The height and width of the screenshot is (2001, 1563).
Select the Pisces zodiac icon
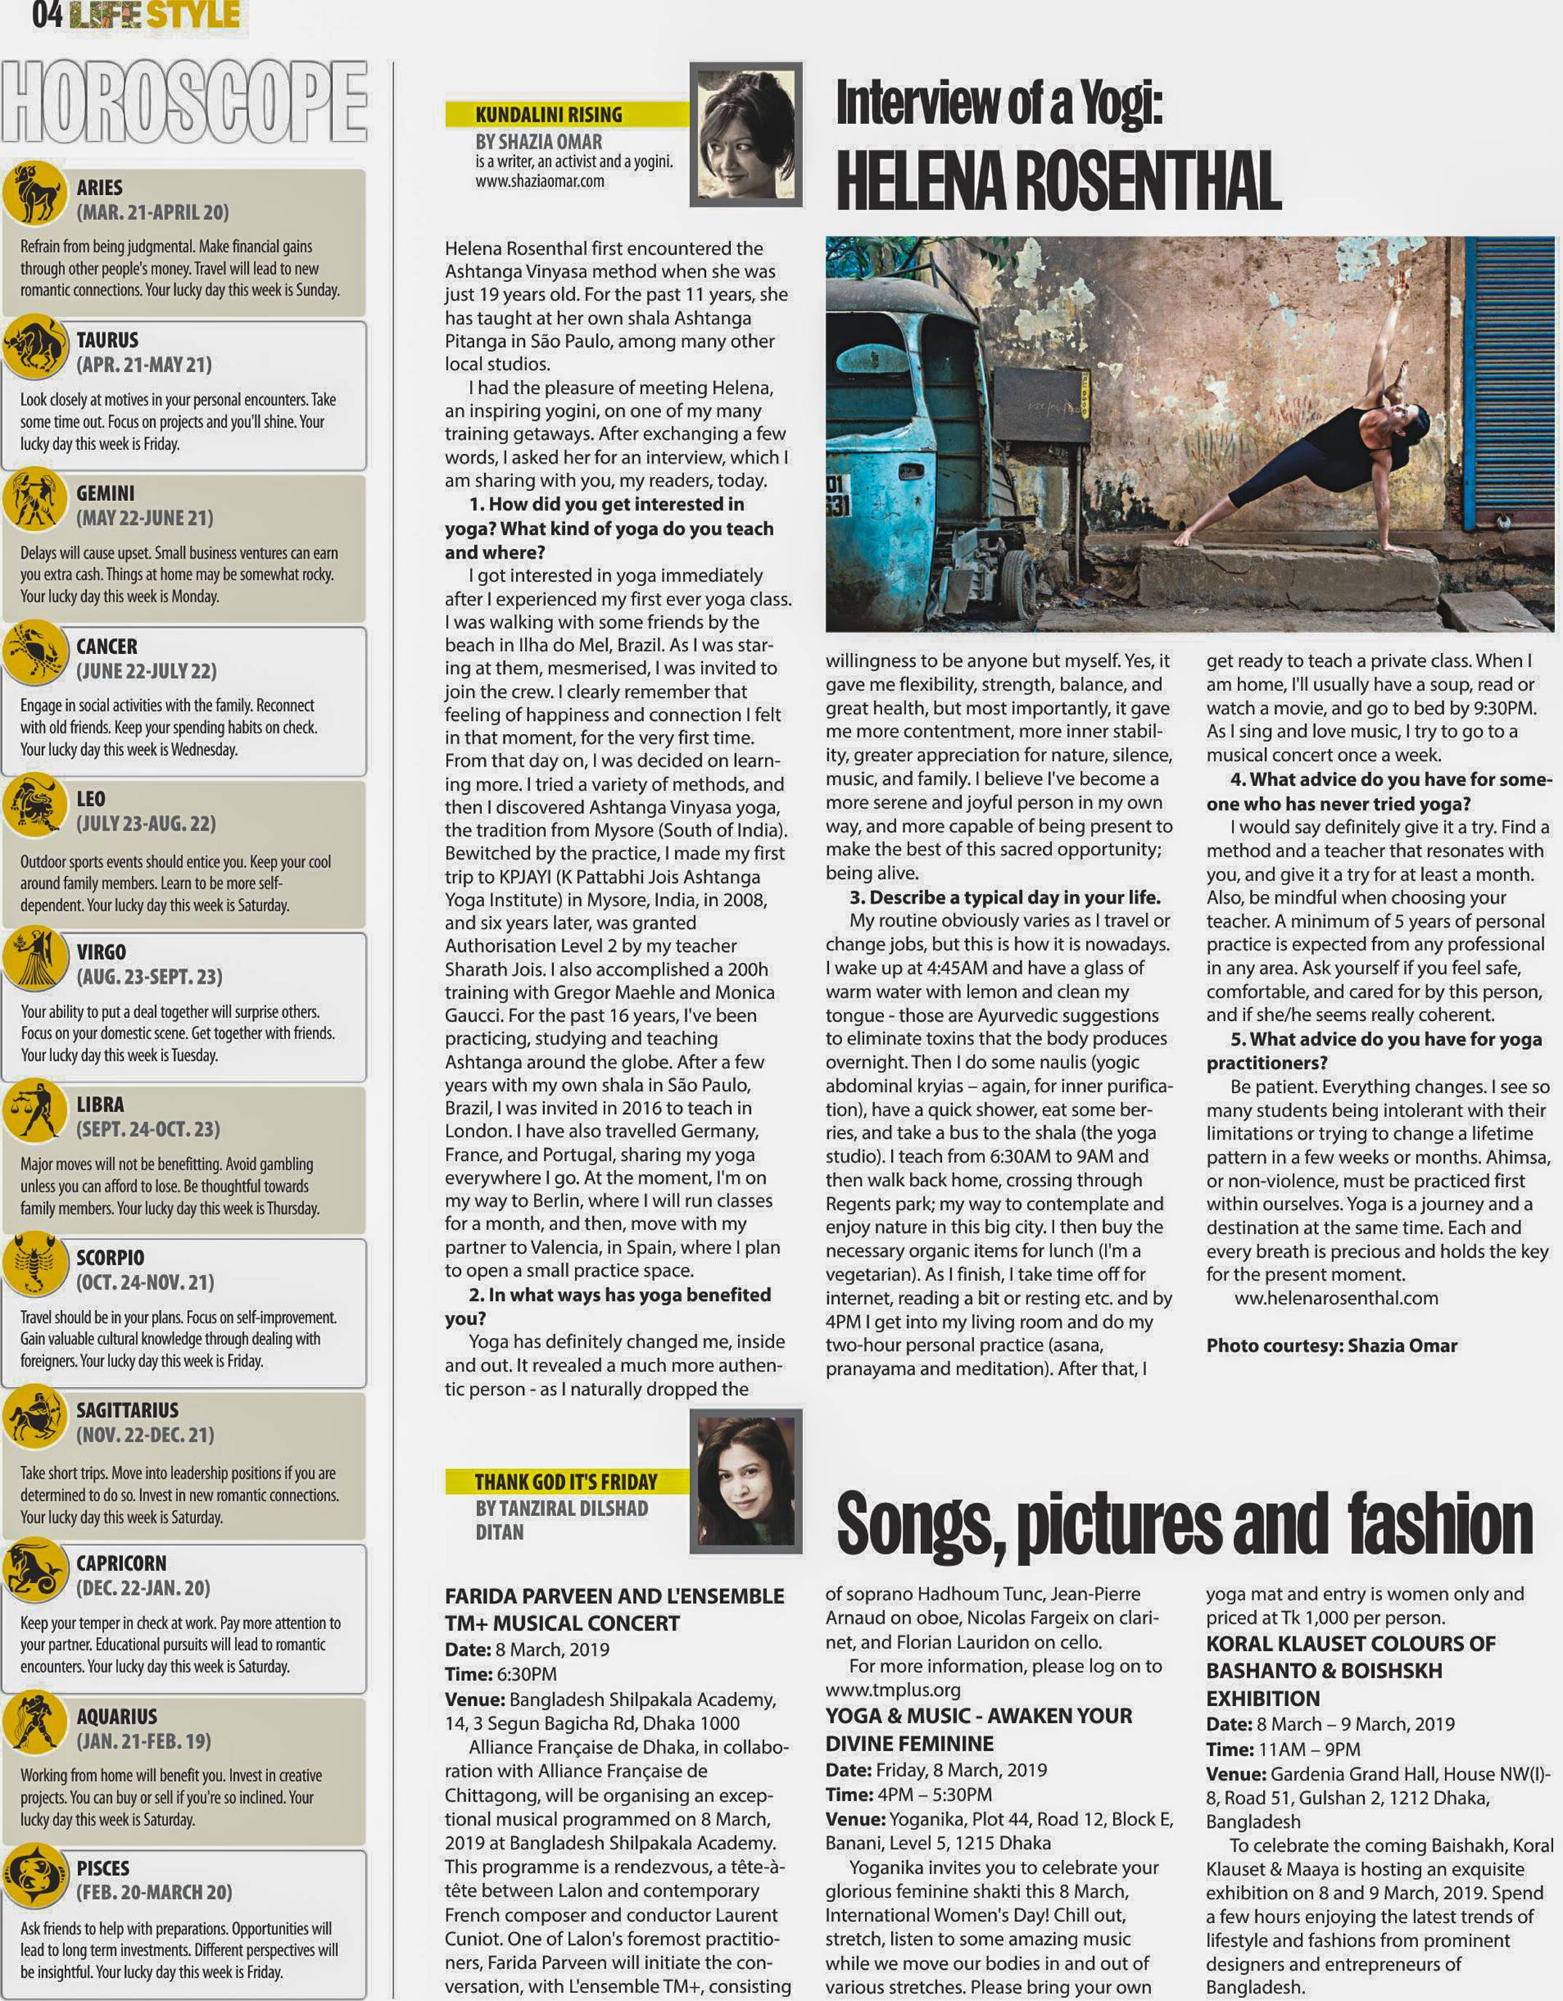click(x=34, y=1876)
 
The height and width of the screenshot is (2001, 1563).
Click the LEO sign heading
click(x=91, y=798)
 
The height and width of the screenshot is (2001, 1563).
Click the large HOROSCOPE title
click(x=184, y=100)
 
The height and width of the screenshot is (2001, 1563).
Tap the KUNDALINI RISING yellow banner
click(x=548, y=114)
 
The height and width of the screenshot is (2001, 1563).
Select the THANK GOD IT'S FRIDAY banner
click(x=565, y=1482)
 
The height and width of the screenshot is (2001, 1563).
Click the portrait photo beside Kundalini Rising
click(x=745, y=134)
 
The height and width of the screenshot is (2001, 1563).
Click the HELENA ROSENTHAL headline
click(x=1059, y=181)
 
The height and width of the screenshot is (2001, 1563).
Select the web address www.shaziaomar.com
click(x=539, y=181)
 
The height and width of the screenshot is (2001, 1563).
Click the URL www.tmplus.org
click(x=893, y=1689)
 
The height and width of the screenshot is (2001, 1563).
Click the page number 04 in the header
click(x=47, y=14)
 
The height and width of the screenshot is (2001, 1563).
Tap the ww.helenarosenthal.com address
click(x=1336, y=1298)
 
